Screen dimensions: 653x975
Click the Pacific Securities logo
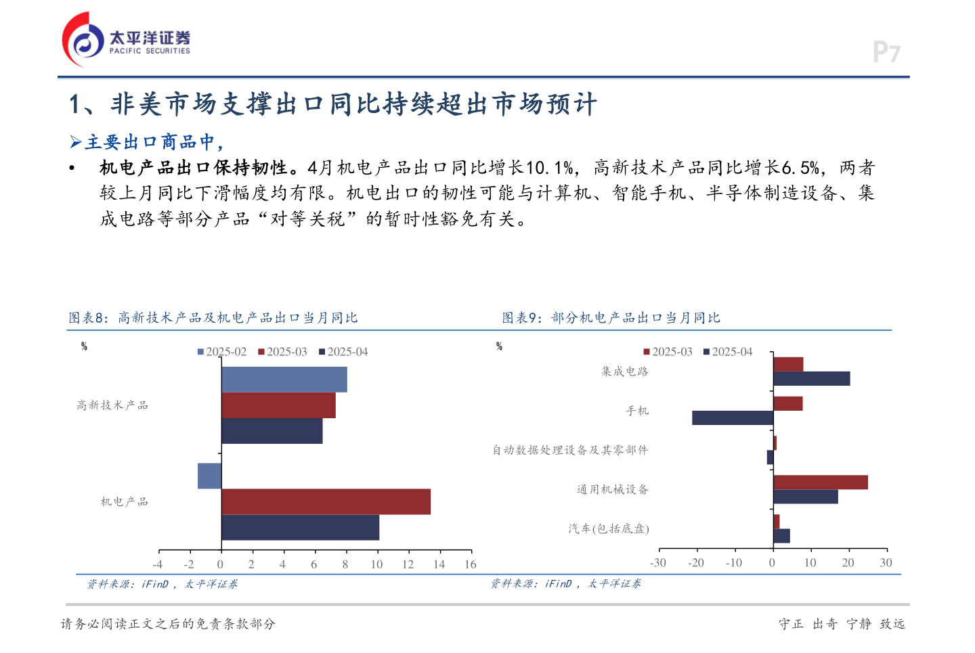126,39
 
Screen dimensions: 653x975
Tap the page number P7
886,52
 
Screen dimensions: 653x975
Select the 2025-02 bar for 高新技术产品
284,380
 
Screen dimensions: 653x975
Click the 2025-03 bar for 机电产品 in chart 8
326,501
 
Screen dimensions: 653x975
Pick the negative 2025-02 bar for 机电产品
209,476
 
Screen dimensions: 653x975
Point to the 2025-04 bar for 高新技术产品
272,431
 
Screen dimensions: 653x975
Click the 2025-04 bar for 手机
733,418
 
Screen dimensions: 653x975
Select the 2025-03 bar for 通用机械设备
820,482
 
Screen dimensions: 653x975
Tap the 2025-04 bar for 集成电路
811,379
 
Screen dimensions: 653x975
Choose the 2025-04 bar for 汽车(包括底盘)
781,536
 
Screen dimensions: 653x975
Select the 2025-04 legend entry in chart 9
728,352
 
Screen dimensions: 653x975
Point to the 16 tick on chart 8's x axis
470,564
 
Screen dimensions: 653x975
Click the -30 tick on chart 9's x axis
657,563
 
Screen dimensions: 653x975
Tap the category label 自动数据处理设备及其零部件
570,450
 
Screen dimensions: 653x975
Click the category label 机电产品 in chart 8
124,501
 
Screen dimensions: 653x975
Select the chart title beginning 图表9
611,318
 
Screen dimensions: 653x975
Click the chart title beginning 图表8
213,318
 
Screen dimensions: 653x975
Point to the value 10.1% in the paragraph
550,168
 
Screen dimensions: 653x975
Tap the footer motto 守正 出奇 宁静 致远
842,624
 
